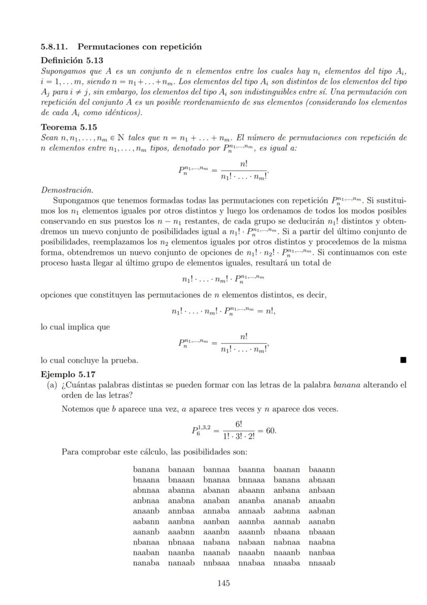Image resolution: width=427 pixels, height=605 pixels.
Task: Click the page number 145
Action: [x=223, y=583]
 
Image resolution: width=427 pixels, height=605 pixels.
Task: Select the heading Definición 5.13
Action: [x=72, y=60]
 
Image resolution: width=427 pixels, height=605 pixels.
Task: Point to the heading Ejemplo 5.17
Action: [x=68, y=374]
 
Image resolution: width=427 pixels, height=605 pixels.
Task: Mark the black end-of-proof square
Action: [x=403, y=360]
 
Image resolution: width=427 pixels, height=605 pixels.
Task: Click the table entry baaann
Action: [x=322, y=470]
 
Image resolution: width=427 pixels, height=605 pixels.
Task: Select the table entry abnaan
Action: [x=322, y=480]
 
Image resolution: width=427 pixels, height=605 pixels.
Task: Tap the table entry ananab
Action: [x=287, y=501]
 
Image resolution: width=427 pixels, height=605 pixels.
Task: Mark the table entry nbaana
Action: [x=287, y=532]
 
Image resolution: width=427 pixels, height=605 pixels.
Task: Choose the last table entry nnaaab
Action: [x=322, y=563]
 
